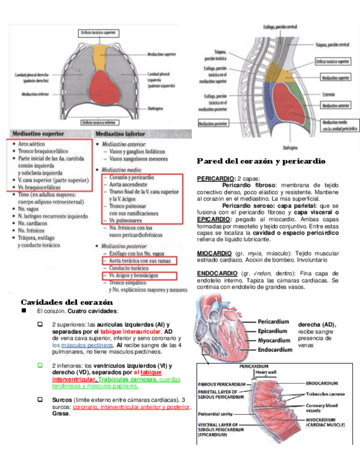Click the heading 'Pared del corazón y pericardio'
pos(261,161)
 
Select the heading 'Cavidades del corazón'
pos(67,302)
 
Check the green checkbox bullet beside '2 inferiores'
pos(40,365)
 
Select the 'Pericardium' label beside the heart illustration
pos(273,322)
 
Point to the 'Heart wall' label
pos(266,373)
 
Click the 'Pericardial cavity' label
pos(216,413)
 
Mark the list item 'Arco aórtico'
pos(31,143)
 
